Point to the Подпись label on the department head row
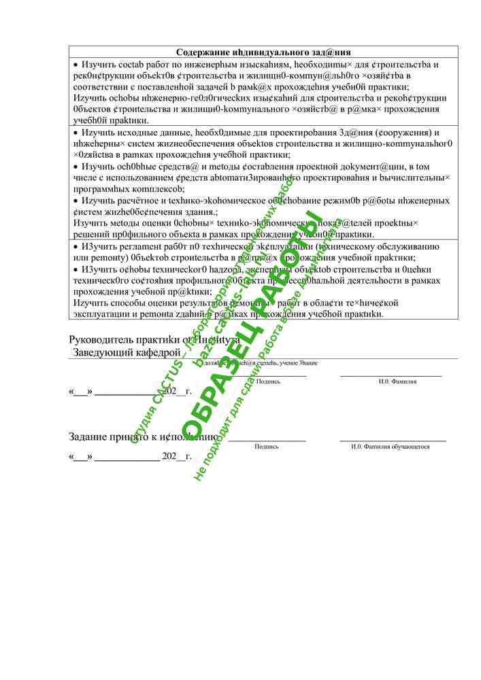tap(268, 382)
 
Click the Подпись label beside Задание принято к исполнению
tap(266, 447)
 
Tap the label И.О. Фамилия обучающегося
tap(390, 447)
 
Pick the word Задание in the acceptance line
tap(91, 437)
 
